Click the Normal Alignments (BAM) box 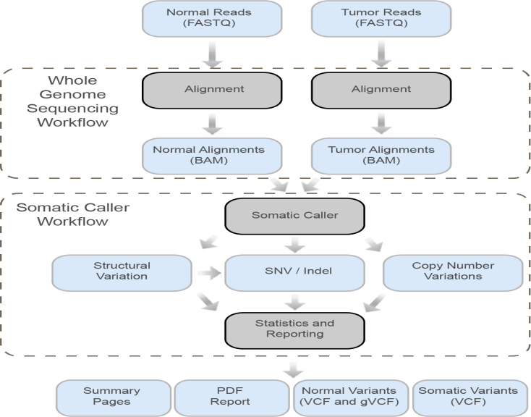(205, 156)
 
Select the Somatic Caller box (295, 216)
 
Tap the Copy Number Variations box (446, 271)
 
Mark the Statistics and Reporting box (295, 329)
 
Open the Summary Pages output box (111, 396)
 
